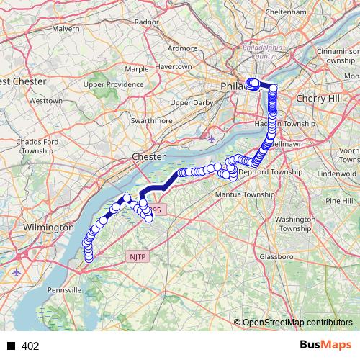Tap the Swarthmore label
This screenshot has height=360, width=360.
coord(151,121)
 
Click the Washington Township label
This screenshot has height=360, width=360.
coord(295,223)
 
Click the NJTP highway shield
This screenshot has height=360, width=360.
coord(137,256)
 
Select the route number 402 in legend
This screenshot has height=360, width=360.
coord(30,346)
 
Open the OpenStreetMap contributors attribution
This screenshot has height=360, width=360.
coord(297,323)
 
